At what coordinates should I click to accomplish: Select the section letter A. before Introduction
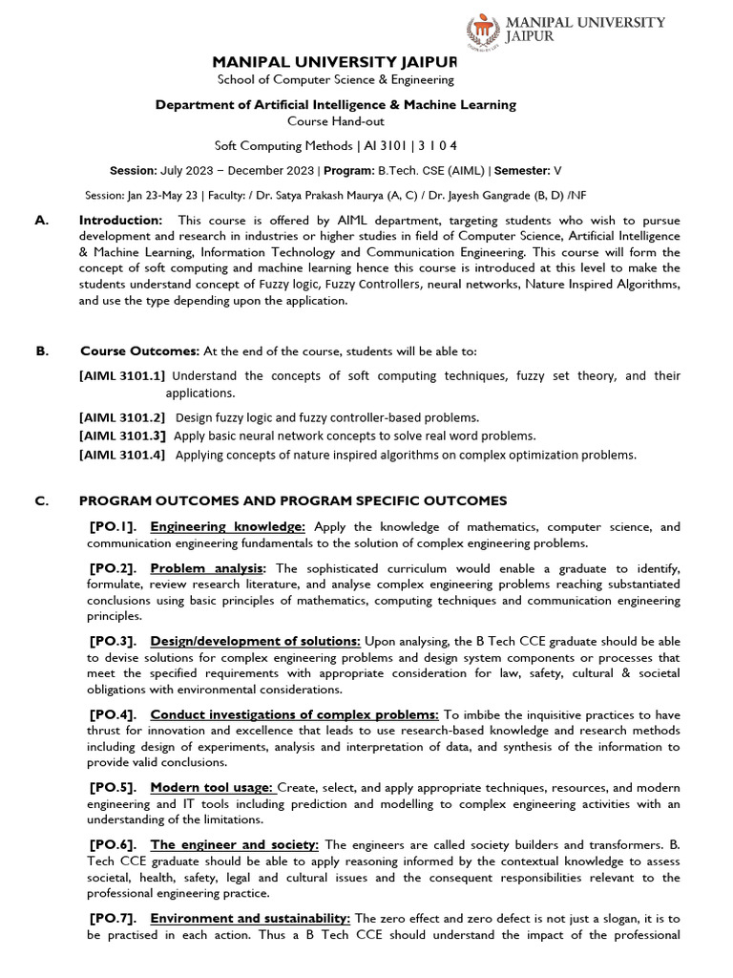[41, 221]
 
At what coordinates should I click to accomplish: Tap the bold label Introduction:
[121, 221]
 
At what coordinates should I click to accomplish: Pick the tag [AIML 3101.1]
[122, 376]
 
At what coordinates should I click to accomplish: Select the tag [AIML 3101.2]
[122, 417]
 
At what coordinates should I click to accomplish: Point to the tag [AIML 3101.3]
[122, 436]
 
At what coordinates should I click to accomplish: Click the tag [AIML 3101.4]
[122, 455]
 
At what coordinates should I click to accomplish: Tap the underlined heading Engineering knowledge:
[228, 526]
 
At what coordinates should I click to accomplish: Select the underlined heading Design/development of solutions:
[255, 641]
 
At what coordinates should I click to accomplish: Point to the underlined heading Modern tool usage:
[212, 787]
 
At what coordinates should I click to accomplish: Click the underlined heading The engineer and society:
[235, 844]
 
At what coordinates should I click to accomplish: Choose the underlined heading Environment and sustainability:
[251, 918]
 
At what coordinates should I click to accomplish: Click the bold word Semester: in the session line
[521, 171]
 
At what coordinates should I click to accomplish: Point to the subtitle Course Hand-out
[335, 121]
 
